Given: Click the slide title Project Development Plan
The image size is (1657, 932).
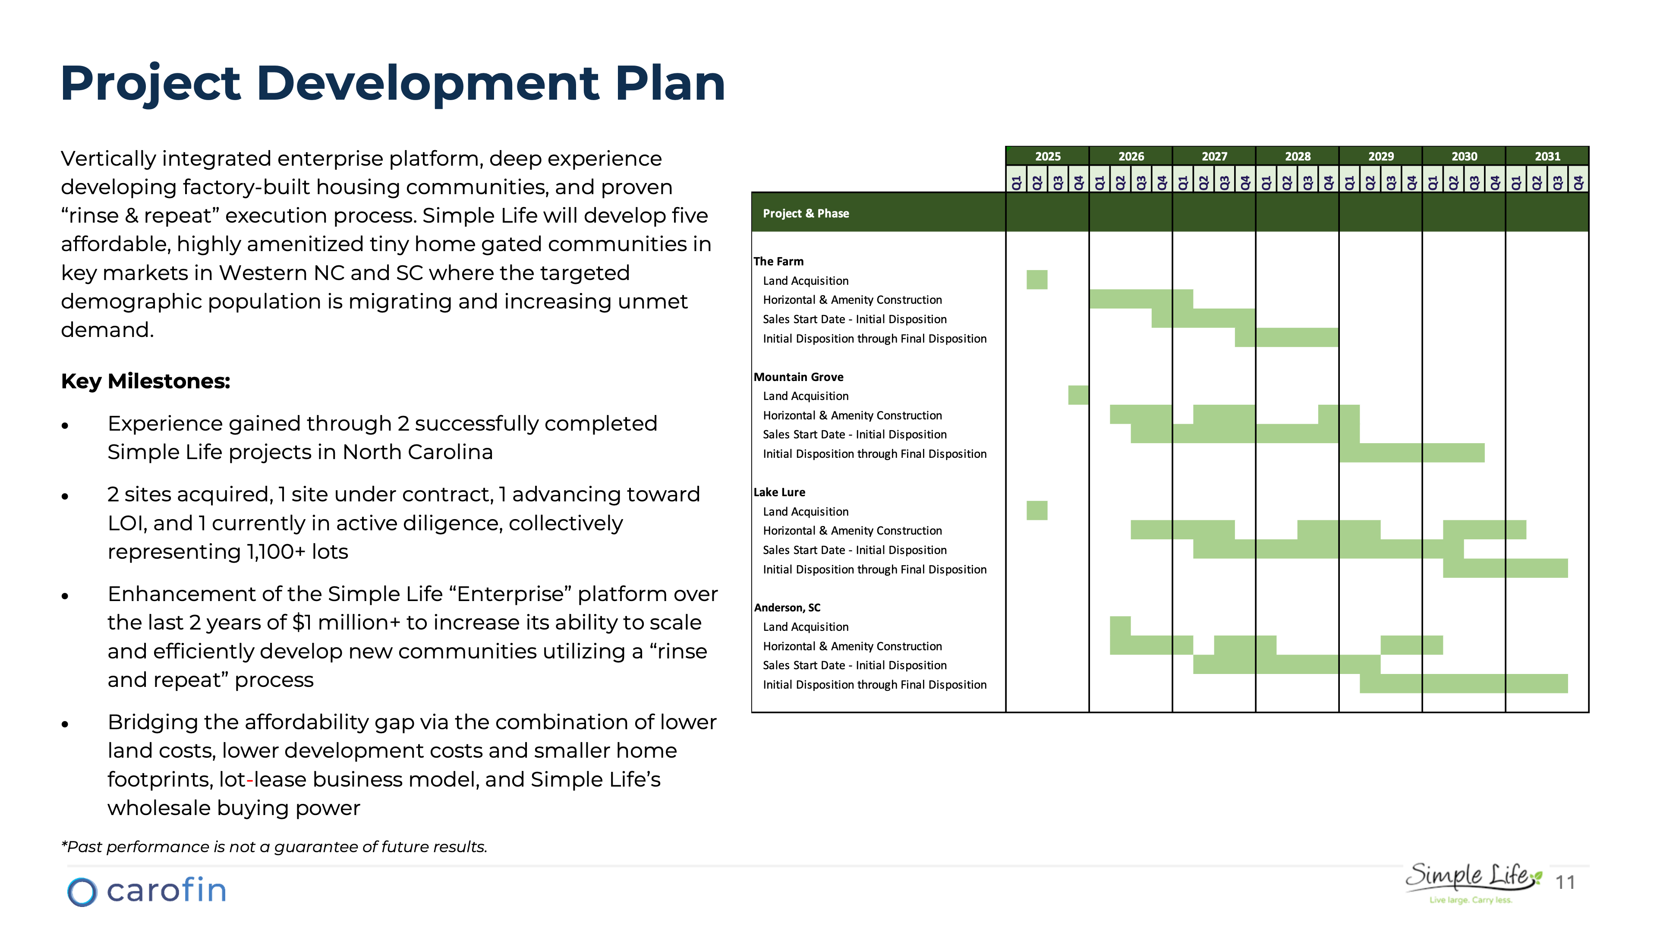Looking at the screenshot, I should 392,84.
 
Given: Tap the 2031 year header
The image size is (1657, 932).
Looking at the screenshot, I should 1547,156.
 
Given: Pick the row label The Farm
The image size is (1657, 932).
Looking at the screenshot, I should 778,261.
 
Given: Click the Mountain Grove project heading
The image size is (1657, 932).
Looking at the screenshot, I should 798,377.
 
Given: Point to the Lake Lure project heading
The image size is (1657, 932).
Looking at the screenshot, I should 779,492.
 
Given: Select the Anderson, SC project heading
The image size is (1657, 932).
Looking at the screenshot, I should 787,607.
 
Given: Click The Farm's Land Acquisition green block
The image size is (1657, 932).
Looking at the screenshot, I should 1036,280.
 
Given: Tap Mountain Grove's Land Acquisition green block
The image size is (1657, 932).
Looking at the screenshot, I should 1078,395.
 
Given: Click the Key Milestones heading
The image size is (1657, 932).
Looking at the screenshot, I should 145,381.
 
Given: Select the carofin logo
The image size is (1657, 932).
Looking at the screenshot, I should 147,891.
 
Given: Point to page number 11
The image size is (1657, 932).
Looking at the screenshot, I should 1565,882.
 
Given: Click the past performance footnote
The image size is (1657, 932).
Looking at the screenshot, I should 274,847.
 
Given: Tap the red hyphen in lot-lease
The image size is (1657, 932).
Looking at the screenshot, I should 249,780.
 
